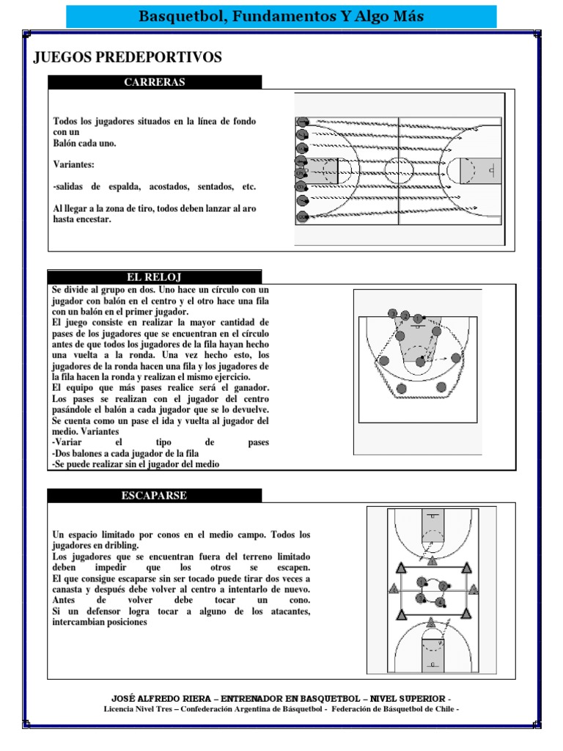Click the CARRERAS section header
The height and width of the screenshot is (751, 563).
tap(154, 82)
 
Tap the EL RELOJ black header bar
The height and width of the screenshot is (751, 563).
tap(154, 277)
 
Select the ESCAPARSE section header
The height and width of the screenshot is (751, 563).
tap(154, 496)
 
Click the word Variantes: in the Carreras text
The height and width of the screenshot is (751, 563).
tap(74, 165)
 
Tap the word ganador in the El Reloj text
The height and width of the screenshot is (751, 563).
tap(246, 387)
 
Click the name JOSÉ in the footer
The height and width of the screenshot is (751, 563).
tap(124, 698)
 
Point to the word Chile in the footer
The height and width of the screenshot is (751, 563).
tap(444, 709)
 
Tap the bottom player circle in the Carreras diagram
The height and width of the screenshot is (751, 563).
tap(301, 216)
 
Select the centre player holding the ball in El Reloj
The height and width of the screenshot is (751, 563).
tap(419, 362)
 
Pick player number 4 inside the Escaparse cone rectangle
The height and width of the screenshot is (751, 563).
tap(441, 603)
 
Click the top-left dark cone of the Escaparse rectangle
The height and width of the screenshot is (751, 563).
tap(401, 568)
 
